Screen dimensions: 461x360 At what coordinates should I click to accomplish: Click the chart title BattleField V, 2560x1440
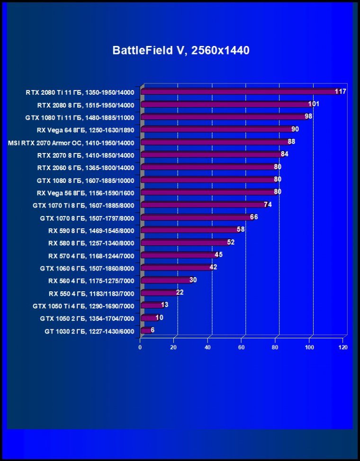[x=180, y=50]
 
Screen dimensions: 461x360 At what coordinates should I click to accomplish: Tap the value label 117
[x=340, y=91]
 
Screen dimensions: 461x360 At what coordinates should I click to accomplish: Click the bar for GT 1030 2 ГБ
[x=146, y=330]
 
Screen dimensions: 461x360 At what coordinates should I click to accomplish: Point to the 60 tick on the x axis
[x=242, y=347]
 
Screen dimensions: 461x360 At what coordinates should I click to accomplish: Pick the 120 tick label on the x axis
[x=343, y=347]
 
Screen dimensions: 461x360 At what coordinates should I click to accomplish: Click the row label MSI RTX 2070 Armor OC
[x=72, y=143]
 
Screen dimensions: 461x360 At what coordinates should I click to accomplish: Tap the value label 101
[x=314, y=104]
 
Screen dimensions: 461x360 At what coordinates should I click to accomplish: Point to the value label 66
[x=254, y=217]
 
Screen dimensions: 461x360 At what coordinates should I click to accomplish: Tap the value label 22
[x=180, y=292]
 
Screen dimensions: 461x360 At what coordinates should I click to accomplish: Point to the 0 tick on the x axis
[x=140, y=347]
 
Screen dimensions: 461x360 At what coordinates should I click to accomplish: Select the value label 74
[x=268, y=205]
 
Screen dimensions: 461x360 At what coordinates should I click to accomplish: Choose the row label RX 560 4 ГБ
[x=91, y=281]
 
